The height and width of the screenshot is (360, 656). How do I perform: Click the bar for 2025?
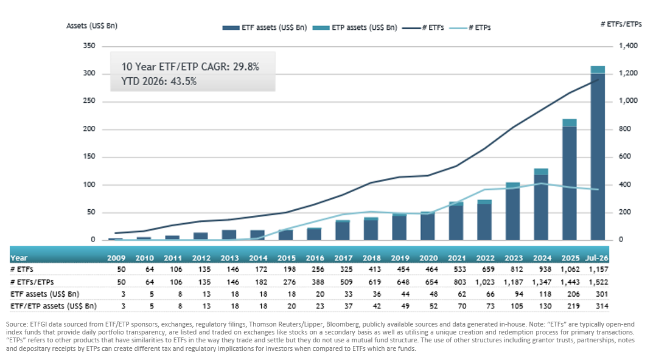click(x=570, y=179)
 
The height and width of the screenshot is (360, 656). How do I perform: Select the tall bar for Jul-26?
click(x=598, y=153)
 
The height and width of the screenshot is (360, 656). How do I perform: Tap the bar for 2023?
click(x=513, y=211)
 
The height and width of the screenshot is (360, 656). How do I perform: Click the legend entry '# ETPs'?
click(x=470, y=28)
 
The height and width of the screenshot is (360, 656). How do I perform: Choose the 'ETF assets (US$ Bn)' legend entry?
click(x=265, y=28)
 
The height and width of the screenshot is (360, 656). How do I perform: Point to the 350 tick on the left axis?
click(x=89, y=46)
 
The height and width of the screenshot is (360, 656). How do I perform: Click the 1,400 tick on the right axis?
click(x=629, y=46)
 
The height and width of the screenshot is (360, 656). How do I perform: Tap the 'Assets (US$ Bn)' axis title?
click(x=92, y=26)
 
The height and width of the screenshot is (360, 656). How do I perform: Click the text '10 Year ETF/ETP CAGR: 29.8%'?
click(x=190, y=67)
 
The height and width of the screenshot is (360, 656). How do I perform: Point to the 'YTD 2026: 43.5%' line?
click(x=159, y=81)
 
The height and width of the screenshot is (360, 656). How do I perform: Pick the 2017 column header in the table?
click(x=343, y=258)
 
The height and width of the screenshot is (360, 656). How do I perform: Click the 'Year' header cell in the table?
click(x=19, y=258)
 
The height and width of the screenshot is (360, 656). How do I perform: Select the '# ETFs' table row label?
click(x=22, y=269)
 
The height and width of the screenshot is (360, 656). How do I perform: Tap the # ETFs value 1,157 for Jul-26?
click(x=598, y=269)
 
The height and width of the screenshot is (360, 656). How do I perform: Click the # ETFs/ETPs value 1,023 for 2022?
click(x=485, y=282)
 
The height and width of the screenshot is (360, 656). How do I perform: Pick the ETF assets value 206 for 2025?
click(x=573, y=294)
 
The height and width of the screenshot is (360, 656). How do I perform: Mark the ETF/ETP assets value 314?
click(x=602, y=306)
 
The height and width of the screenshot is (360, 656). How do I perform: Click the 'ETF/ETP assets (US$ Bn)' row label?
click(x=54, y=306)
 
